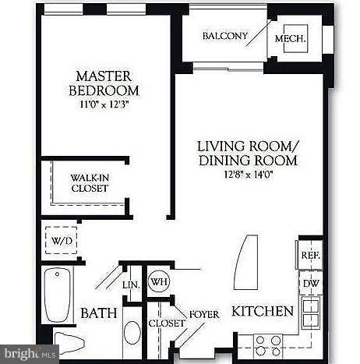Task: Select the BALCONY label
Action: (224, 37)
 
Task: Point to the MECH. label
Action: (290, 37)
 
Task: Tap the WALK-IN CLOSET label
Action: (88, 183)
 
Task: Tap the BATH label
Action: (98, 313)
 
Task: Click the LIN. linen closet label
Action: (131, 284)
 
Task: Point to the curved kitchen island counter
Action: (244, 261)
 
